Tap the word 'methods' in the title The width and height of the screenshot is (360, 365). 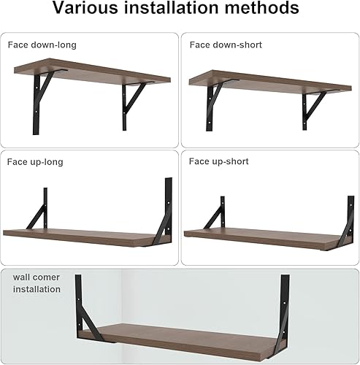point(260,9)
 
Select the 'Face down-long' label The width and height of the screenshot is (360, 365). point(42,45)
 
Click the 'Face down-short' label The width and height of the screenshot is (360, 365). point(226,45)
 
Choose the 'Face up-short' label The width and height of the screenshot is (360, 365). point(220,161)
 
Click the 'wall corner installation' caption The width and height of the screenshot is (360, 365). point(37,283)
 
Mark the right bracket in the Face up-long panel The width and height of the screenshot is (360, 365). point(164,212)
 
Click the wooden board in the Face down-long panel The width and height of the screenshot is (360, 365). point(91,78)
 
